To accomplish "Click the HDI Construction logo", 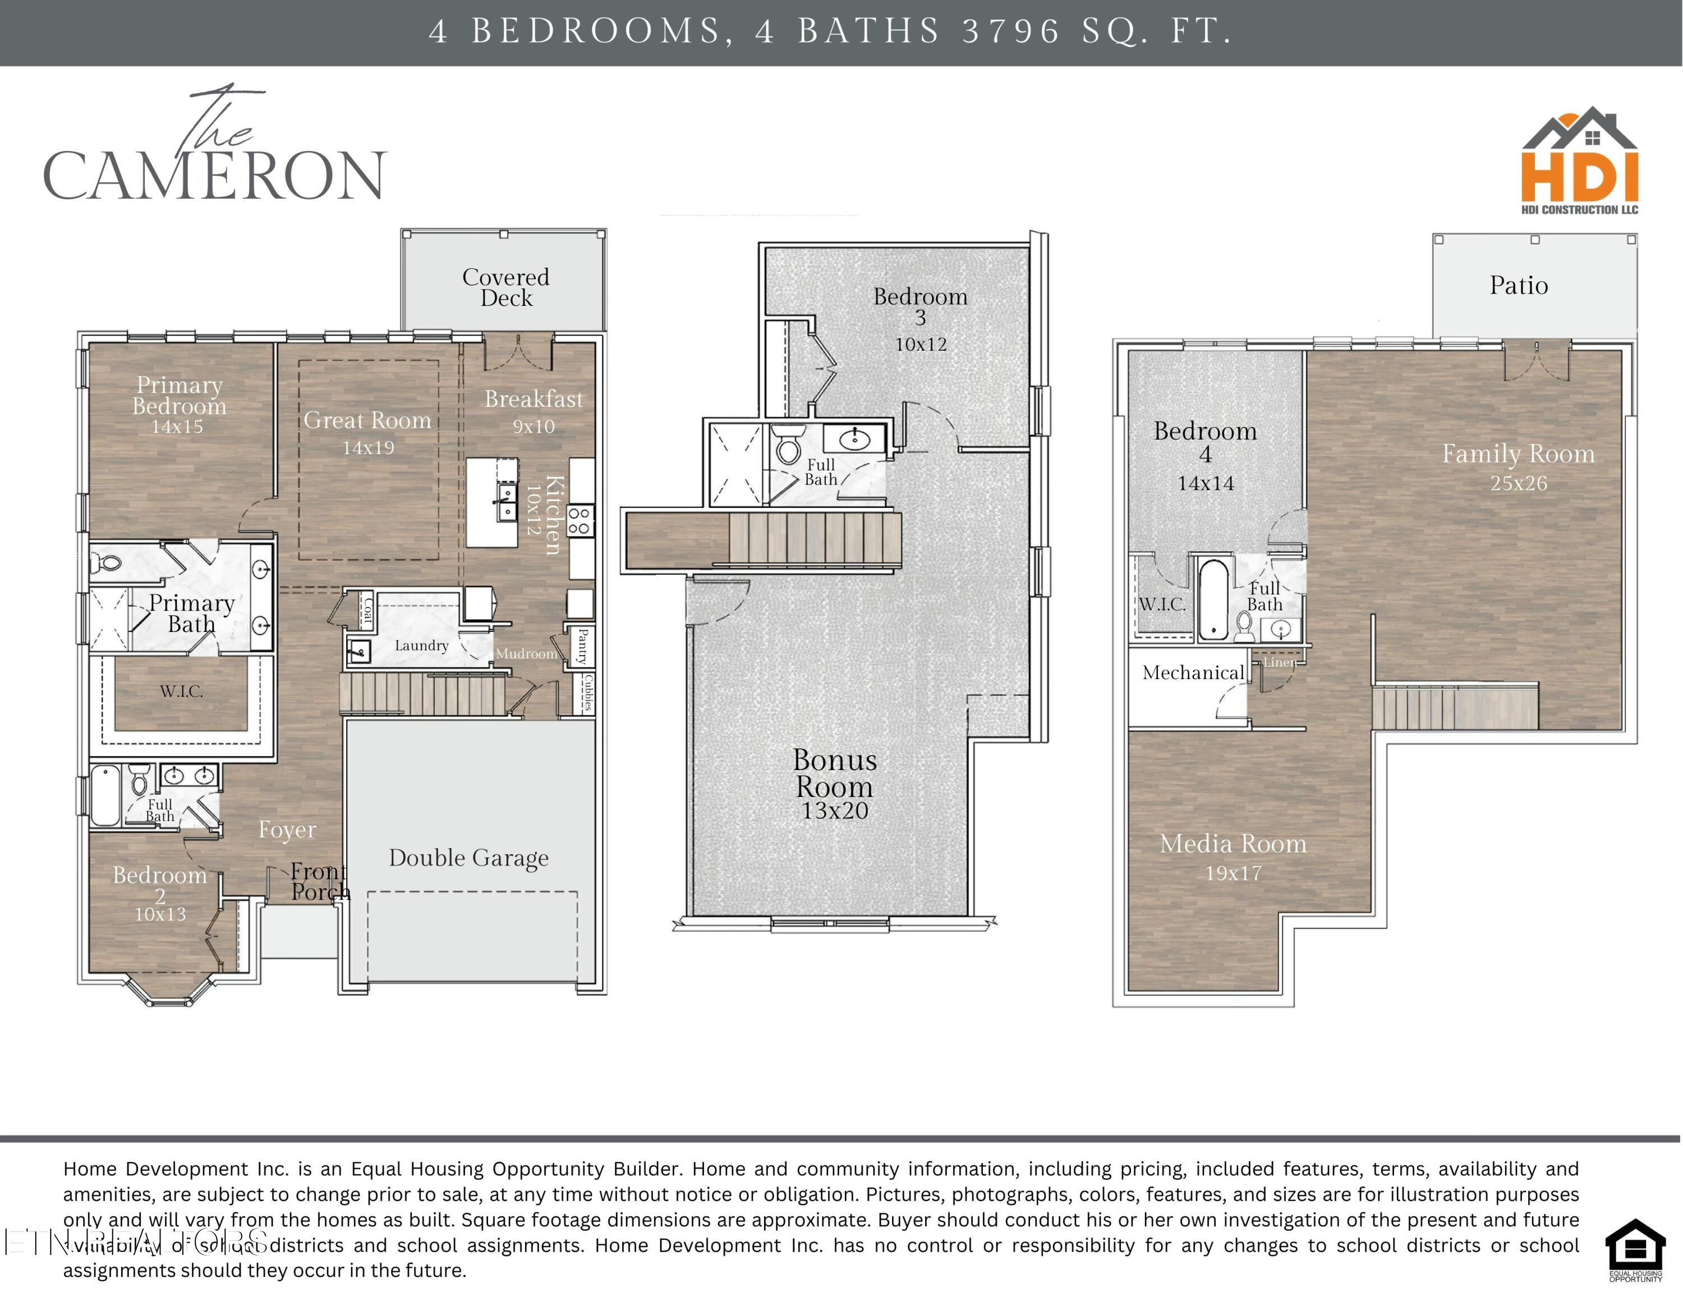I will click(x=1579, y=162).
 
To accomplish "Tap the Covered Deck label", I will click(x=505, y=287).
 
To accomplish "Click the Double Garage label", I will click(x=468, y=858).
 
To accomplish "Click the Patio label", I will click(x=1518, y=286).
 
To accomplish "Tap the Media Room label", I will click(x=1233, y=844).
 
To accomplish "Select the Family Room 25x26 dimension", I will click(x=1518, y=483).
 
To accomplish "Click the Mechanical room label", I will click(x=1193, y=673).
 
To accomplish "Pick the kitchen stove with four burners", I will click(x=580, y=521).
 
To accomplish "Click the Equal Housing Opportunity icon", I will click(x=1635, y=1249).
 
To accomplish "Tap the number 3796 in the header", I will click(x=1010, y=31).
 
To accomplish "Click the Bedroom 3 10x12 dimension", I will click(x=920, y=345).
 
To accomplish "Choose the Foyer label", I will click(x=287, y=830).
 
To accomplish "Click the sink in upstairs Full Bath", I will click(x=854, y=440).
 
